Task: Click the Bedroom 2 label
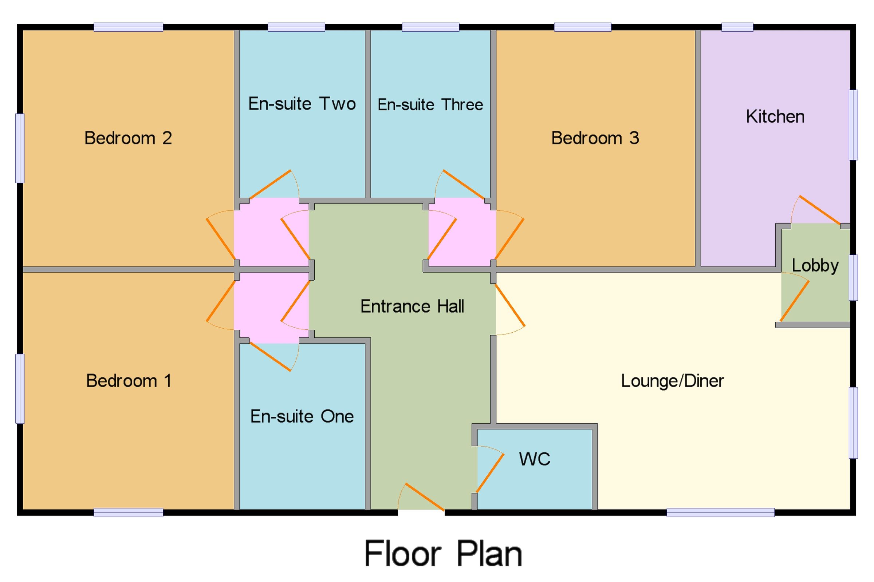tap(128, 138)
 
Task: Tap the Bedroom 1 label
tap(129, 381)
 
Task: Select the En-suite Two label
tap(302, 104)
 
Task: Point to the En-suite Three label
tap(430, 105)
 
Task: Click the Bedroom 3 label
tap(595, 138)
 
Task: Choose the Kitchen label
tap(775, 116)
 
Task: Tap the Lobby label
tap(815, 266)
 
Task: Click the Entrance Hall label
tap(412, 306)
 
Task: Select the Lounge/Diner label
tap(672, 381)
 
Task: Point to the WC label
tap(535, 459)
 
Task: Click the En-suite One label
tap(302, 416)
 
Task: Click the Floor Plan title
tap(443, 553)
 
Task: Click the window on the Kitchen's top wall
tap(737, 27)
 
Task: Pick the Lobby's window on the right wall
tap(854, 277)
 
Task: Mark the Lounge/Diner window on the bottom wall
tap(720, 512)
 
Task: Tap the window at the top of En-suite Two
tap(296, 27)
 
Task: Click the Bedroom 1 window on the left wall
tap(20, 389)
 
